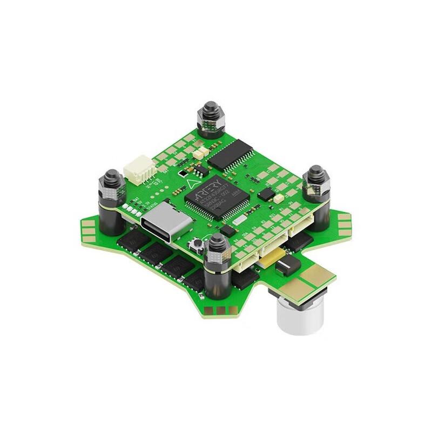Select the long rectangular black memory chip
(231, 154)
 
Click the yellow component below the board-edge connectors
(268, 260)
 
